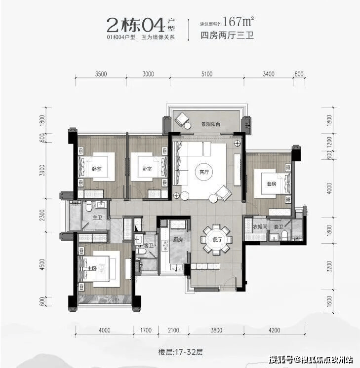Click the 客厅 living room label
click(x=204, y=172)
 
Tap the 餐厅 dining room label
click(x=217, y=240)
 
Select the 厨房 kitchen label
click(x=178, y=240)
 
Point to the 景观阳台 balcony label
click(x=211, y=124)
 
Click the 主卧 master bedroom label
click(x=92, y=268)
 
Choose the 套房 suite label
click(x=272, y=184)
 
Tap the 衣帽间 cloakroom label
click(x=260, y=227)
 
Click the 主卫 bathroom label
click(x=97, y=218)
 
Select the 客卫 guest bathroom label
click(x=149, y=246)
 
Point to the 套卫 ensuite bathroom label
click(x=279, y=227)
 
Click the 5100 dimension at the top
click(x=207, y=74)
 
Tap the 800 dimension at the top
click(x=299, y=74)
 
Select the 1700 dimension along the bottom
click(x=146, y=330)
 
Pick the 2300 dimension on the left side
click(x=42, y=215)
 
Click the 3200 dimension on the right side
click(x=329, y=266)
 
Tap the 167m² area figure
click(x=239, y=22)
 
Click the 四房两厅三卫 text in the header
click(x=227, y=36)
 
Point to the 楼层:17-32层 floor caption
click(x=180, y=352)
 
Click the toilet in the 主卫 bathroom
click(x=89, y=207)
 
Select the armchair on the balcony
click(x=182, y=119)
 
